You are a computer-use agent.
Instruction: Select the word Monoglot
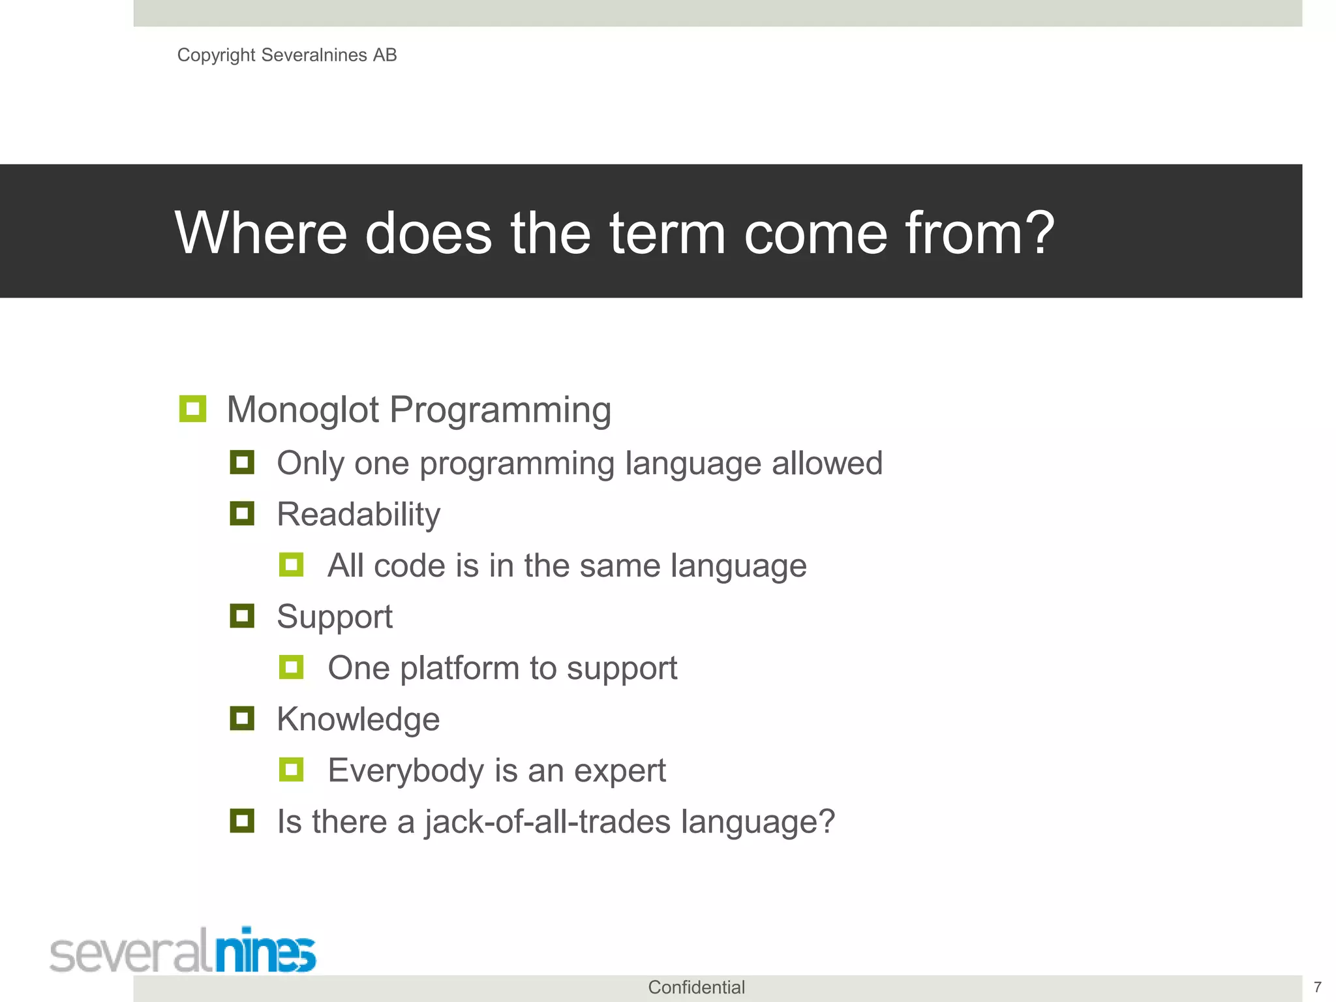303,410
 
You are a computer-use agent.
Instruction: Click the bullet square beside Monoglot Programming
192,409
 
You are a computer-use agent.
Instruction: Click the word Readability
358,515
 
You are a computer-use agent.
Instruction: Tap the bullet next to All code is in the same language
291,565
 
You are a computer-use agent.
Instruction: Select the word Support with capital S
335,616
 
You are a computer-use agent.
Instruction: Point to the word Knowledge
358,720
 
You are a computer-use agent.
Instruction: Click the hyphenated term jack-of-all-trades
548,822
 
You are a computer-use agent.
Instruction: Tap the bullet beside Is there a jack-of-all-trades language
242,821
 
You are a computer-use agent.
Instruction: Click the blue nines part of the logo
266,951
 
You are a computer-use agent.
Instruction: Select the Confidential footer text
696,988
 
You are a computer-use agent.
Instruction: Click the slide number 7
1317,987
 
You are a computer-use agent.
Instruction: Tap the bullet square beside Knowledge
242,718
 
